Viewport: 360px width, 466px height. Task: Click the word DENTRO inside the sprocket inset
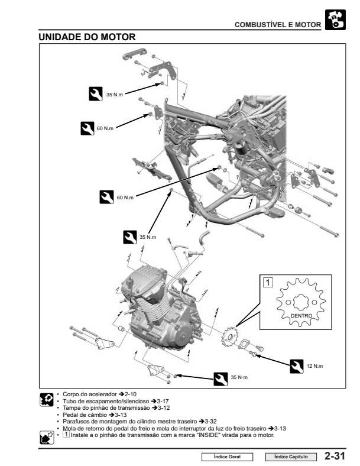tap(301, 316)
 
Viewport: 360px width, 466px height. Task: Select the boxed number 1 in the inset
tap(268, 283)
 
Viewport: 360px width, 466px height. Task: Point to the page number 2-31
tap(335, 456)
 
